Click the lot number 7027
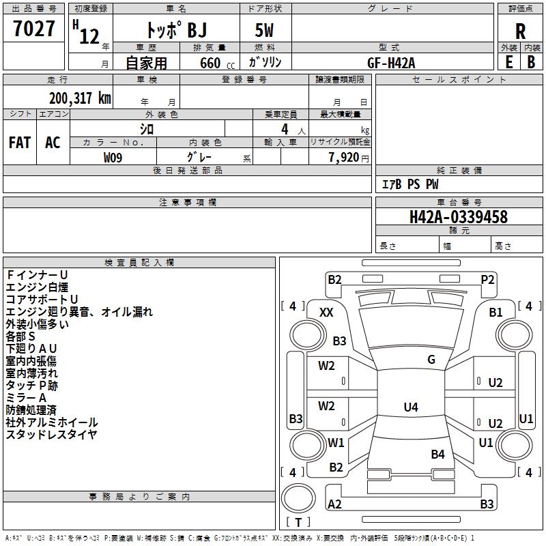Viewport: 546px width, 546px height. [x=35, y=29]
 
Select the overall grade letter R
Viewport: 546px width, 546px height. [x=520, y=31]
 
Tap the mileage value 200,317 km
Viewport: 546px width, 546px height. [x=80, y=98]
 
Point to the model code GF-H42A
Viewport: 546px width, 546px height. [x=391, y=62]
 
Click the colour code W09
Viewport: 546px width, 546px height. [x=113, y=157]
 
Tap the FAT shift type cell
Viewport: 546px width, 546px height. [x=20, y=142]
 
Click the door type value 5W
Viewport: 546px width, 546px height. [x=265, y=31]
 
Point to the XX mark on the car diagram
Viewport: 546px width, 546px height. [x=326, y=312]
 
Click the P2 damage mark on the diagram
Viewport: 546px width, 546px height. [x=487, y=279]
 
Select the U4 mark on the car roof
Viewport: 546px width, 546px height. [x=410, y=407]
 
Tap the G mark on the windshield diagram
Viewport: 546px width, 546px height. [x=431, y=360]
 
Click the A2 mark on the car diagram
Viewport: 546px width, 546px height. [x=335, y=504]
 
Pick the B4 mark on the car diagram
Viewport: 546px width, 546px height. [x=437, y=454]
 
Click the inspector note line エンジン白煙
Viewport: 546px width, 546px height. [x=37, y=287]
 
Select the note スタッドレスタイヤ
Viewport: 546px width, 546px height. [x=51, y=435]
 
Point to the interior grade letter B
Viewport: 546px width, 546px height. [x=531, y=62]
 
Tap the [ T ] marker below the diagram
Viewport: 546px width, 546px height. [x=298, y=523]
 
